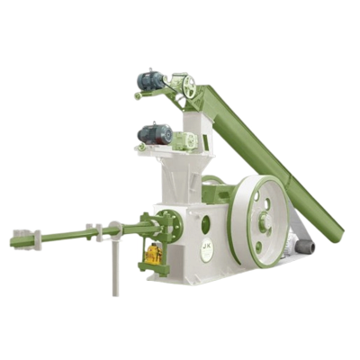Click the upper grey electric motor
(x=150, y=82)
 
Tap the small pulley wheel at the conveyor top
(x=188, y=86)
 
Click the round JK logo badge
(x=207, y=248)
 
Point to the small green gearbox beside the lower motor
(x=184, y=141)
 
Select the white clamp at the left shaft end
(x=36, y=238)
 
